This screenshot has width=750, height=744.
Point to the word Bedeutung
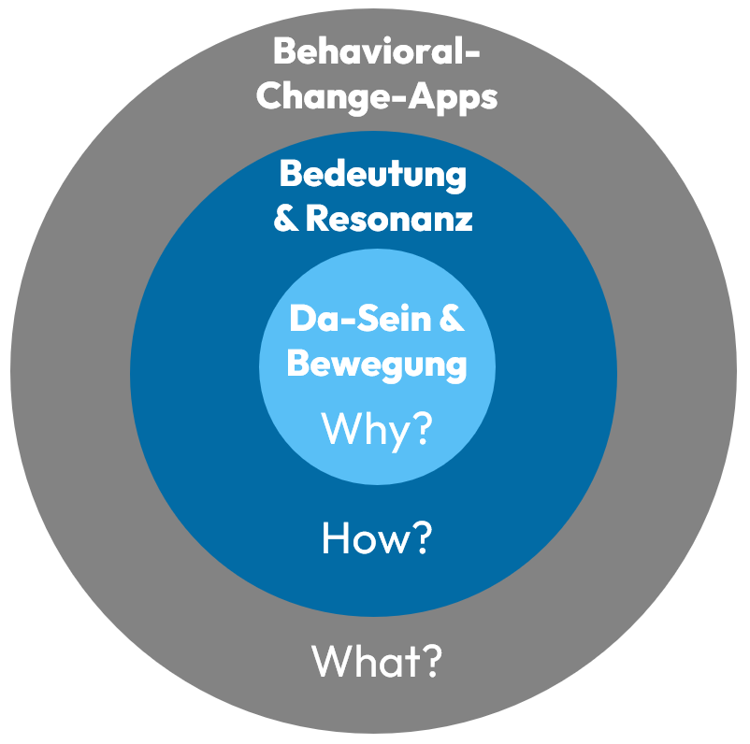[372, 175]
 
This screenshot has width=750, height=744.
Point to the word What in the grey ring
[365, 661]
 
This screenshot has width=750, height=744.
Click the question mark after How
[420, 539]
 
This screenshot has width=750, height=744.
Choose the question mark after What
[429, 661]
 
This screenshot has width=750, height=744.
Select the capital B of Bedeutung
[291, 175]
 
